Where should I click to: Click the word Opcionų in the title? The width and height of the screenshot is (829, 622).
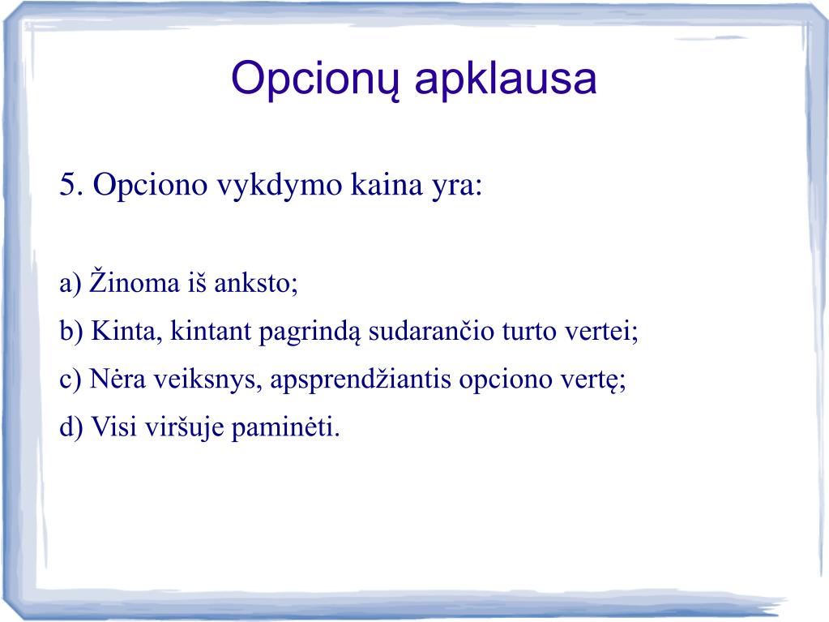pyautogui.click(x=315, y=79)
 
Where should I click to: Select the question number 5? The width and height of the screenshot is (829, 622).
pyautogui.click(x=71, y=185)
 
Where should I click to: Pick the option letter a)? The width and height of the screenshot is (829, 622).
pyautogui.click(x=71, y=284)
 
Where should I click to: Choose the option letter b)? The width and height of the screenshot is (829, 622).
pyautogui.click(x=71, y=331)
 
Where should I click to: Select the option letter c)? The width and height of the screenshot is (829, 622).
pyautogui.click(x=71, y=380)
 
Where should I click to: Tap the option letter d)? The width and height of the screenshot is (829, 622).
pyautogui.click(x=71, y=427)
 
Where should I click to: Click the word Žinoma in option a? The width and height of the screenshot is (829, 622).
pyautogui.click(x=135, y=281)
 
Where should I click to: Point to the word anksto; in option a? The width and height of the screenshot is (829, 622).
pyautogui.click(x=256, y=284)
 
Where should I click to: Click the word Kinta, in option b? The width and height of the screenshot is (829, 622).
pyautogui.click(x=127, y=332)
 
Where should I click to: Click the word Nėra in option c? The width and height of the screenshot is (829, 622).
pyautogui.click(x=118, y=379)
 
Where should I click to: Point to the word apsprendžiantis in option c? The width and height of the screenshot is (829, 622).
pyautogui.click(x=361, y=380)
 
